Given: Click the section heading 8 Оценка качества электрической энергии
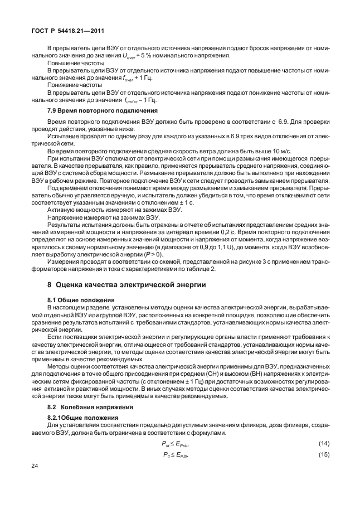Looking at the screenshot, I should [x=127, y=284].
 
